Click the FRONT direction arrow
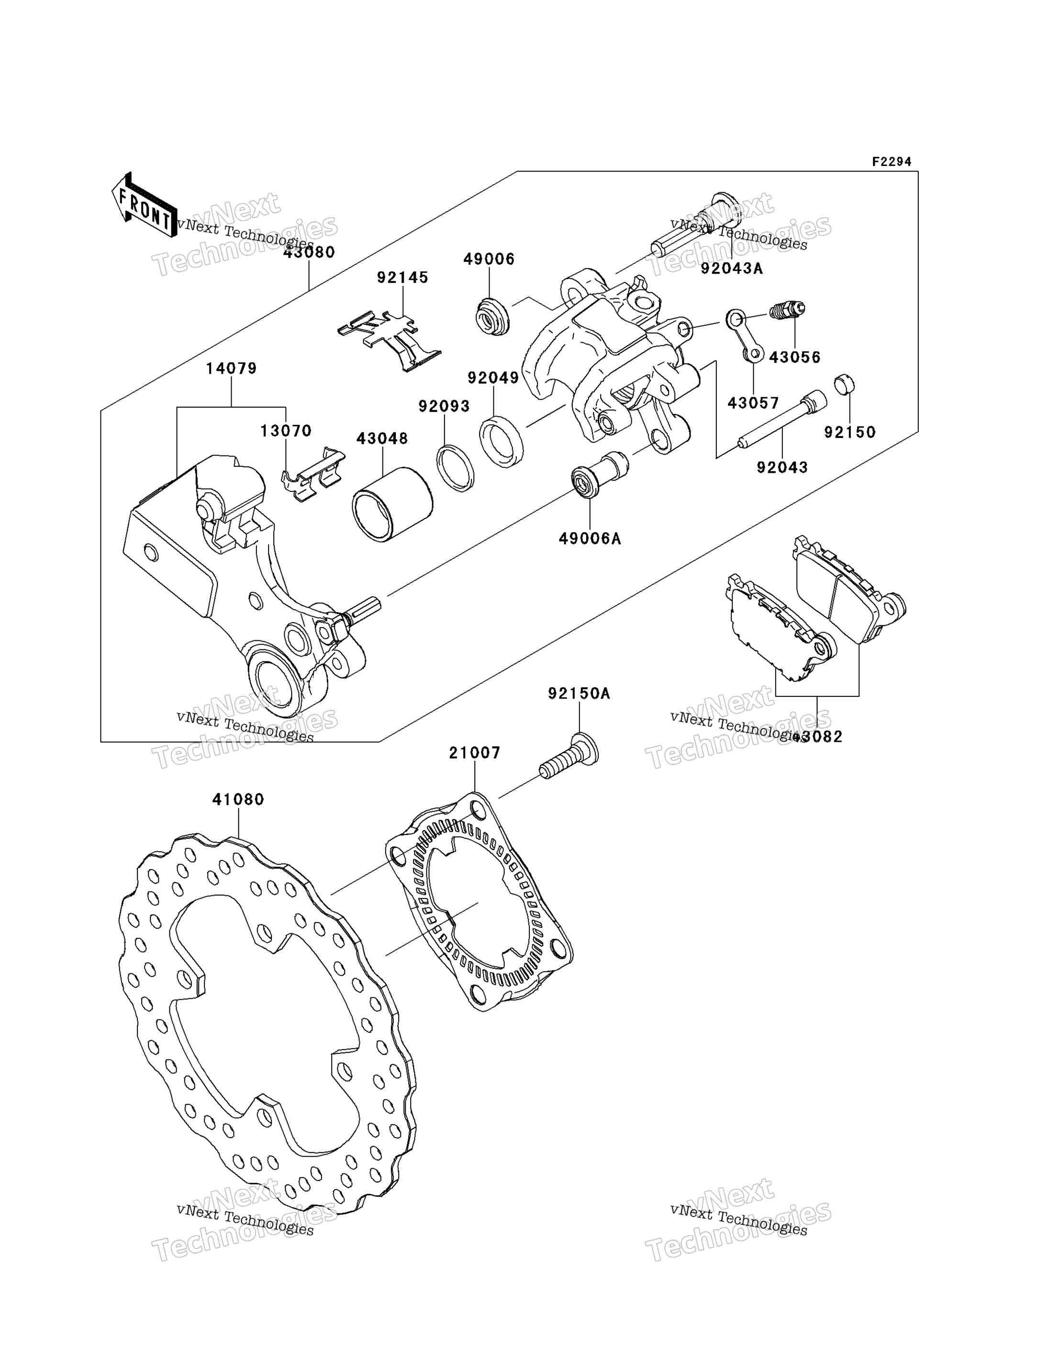pos(143,205)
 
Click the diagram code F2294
pos(892,162)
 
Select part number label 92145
pos(403,277)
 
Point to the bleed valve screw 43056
pos(788,310)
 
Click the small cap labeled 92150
pos(844,384)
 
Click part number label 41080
pos(238,799)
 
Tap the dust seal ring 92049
pos(502,441)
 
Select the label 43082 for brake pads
pos(818,737)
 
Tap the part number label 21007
pos(475,753)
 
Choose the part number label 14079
pos(232,368)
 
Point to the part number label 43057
pos(753,403)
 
